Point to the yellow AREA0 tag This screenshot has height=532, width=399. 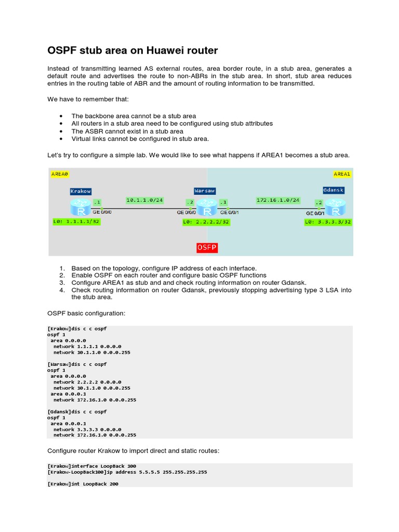point(59,175)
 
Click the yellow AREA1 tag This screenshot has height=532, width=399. point(342,174)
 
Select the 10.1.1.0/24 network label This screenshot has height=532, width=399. point(144,199)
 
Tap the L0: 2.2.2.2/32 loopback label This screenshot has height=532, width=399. point(206,222)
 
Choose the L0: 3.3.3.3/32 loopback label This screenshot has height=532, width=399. point(328,222)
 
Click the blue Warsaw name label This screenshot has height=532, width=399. point(205,191)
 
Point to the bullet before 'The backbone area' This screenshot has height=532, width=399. point(61,116)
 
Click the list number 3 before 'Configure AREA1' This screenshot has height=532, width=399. point(61,283)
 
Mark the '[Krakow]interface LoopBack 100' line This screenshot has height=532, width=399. point(91,466)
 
